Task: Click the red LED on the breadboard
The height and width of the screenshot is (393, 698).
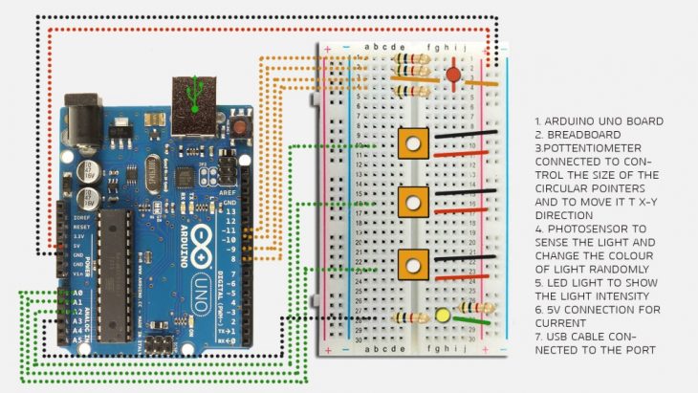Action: click(x=452, y=73)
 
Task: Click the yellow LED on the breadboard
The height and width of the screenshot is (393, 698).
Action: click(x=443, y=316)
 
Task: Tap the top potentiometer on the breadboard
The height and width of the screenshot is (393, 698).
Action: click(x=412, y=145)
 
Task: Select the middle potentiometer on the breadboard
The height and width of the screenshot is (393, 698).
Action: click(x=412, y=203)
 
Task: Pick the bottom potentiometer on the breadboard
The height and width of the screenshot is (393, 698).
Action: click(x=412, y=263)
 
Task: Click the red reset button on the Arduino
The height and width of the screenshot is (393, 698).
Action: click(x=242, y=125)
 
